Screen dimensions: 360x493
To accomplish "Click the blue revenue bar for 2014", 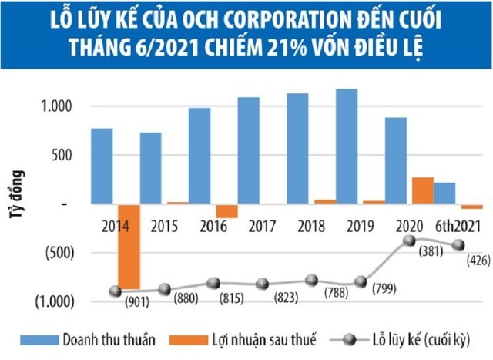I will tap(102, 166).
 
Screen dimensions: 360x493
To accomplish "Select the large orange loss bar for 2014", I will tap(129, 245).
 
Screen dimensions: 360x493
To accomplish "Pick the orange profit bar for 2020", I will tap(423, 190).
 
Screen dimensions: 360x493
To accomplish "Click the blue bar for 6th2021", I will tap(444, 193).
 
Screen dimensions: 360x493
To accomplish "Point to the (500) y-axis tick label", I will tap(59, 252).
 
